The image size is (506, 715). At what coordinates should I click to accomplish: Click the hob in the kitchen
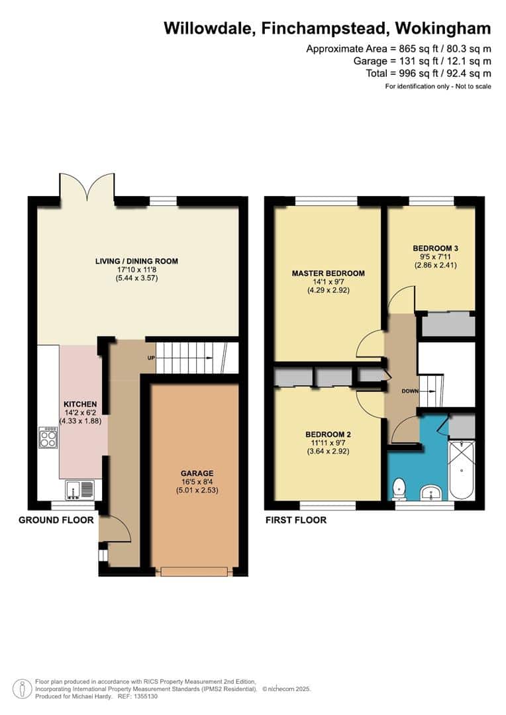[x=48, y=438]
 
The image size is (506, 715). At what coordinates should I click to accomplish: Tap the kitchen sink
[x=79, y=490]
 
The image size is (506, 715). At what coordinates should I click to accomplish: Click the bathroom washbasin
[x=430, y=493]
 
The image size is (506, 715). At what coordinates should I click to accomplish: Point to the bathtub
[x=462, y=469]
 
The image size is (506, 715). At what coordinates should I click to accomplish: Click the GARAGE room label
[x=197, y=473]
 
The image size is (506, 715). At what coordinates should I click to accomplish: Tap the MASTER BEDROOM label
[x=328, y=273]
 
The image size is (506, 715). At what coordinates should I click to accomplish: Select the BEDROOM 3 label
[x=435, y=248]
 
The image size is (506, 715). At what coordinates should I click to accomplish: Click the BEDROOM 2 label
[x=328, y=434]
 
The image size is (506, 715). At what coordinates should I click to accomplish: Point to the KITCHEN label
[x=80, y=405]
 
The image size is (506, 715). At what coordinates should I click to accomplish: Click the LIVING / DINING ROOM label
[x=136, y=262]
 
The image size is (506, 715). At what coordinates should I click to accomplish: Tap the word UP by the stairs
[x=151, y=358]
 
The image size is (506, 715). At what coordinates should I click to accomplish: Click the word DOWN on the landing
[x=410, y=391]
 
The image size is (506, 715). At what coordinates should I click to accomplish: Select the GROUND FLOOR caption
[x=56, y=520]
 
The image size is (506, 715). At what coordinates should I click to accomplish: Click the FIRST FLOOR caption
[x=296, y=520]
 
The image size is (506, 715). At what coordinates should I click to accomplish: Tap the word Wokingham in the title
[x=442, y=28]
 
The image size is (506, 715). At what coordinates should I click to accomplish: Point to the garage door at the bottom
[x=193, y=571]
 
